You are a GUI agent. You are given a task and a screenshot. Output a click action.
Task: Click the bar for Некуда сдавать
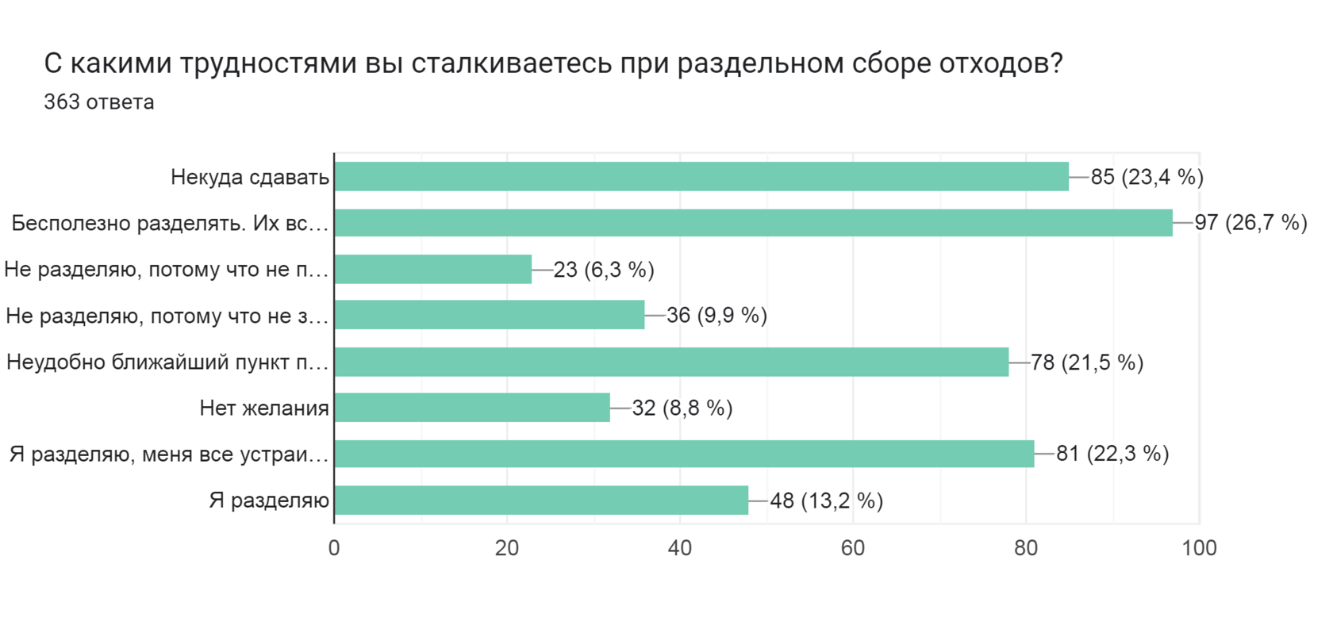701,176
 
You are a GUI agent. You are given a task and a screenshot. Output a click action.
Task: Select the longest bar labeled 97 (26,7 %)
753,223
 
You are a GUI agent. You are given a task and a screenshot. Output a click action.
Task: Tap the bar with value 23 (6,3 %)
433,270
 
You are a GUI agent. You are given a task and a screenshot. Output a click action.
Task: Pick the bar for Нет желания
472,408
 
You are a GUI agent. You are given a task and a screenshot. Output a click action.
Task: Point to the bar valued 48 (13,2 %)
541,501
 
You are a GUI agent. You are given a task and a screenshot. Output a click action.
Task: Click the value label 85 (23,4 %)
1147,177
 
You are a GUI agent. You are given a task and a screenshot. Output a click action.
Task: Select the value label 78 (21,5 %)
1087,363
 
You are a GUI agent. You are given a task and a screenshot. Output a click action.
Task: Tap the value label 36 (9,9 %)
716,316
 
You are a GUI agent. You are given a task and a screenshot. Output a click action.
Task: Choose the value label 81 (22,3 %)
1112,454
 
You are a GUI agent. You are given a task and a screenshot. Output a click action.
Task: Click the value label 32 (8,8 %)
682,408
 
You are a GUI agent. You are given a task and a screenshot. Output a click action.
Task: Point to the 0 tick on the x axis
334,548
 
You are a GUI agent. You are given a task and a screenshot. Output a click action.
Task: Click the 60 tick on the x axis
853,548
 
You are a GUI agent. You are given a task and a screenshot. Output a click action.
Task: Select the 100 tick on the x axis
1199,548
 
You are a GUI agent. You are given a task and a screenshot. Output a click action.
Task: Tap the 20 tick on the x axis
507,548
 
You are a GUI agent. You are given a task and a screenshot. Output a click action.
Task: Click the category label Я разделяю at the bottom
269,501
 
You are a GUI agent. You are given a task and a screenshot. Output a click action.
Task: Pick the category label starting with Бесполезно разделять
170,223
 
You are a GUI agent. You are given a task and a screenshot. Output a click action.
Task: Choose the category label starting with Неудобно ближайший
167,363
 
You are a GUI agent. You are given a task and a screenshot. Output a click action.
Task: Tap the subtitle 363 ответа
99,102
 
